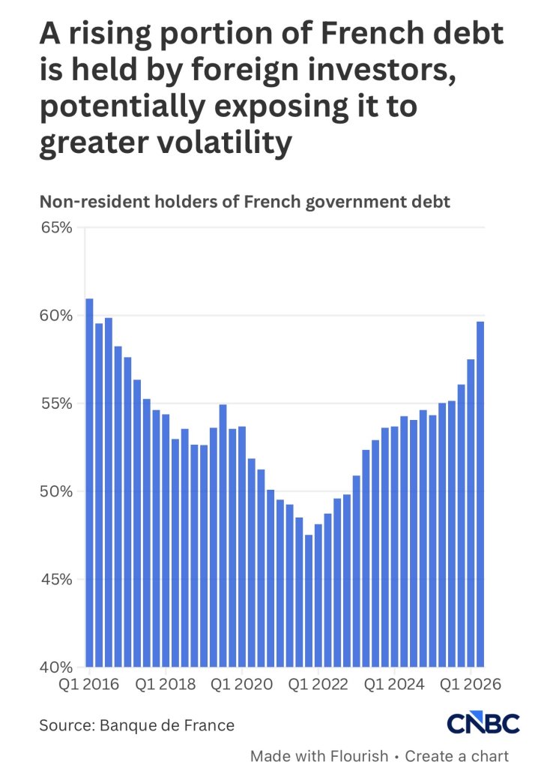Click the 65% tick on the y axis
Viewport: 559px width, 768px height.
click(55, 228)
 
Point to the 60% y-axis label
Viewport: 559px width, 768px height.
click(55, 316)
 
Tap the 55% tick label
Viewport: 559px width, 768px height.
click(55, 403)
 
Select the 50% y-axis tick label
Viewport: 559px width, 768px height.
click(55, 491)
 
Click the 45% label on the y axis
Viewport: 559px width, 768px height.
click(55, 580)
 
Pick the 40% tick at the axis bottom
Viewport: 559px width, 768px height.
click(55, 667)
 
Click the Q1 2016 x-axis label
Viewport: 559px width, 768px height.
click(88, 684)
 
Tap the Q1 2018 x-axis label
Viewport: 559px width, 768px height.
click(166, 684)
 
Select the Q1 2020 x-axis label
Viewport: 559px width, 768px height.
click(242, 684)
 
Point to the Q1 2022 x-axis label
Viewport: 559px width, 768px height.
click(318, 684)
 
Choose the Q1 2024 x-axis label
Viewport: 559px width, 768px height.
click(394, 684)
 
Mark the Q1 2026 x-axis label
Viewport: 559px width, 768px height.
click(471, 684)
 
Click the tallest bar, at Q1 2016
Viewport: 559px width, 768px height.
click(90, 482)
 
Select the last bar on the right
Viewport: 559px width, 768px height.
click(480, 494)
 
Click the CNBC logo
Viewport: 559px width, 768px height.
click(483, 724)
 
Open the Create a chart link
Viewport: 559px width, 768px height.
click(456, 756)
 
